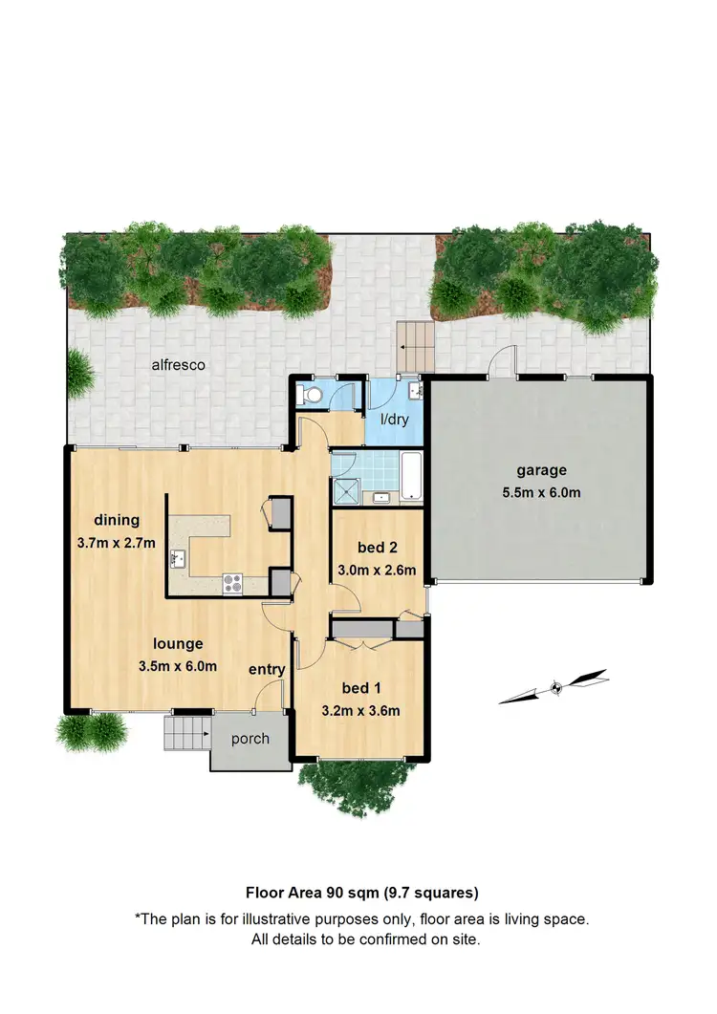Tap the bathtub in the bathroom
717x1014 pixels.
[x=411, y=478]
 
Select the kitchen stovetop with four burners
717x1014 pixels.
[x=232, y=582]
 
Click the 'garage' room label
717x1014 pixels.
[x=542, y=470]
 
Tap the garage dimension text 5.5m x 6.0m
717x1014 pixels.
[x=542, y=493]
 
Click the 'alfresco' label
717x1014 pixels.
[x=179, y=364]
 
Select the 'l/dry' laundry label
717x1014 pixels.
[x=395, y=420]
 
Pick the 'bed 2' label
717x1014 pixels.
[x=377, y=548]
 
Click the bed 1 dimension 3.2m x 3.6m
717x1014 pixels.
[x=360, y=710]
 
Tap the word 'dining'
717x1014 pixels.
[x=117, y=520]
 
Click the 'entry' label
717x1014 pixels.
[x=267, y=670]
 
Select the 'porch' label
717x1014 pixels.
[x=250, y=739]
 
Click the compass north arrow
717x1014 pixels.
[x=554, y=687]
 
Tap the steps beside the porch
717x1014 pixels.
[x=186, y=734]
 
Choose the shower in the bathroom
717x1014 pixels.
[x=343, y=489]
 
